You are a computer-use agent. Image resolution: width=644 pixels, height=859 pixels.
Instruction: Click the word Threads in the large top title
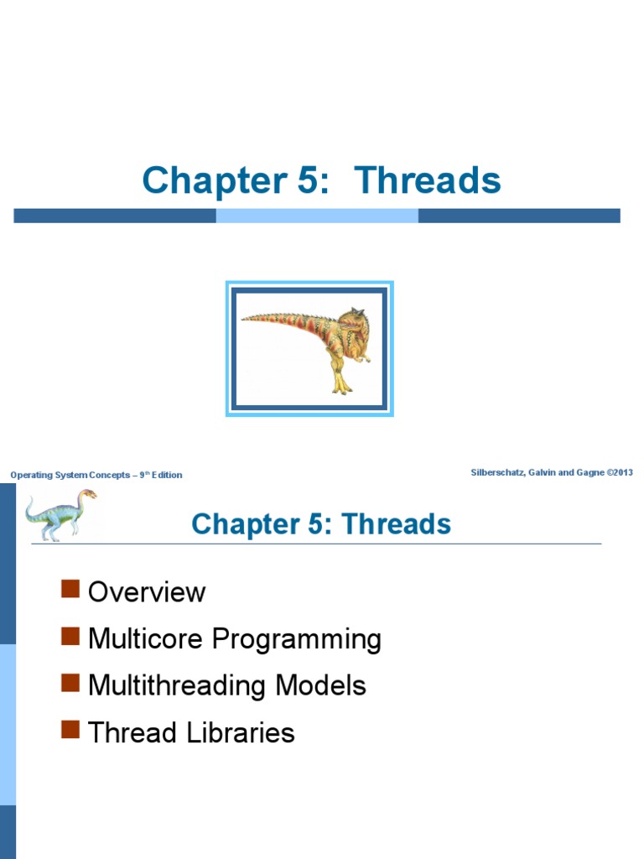pos(428,180)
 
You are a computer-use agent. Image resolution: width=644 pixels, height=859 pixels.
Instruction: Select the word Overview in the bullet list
pos(147,592)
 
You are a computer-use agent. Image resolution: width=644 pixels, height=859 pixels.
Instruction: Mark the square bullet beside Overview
pos(70,590)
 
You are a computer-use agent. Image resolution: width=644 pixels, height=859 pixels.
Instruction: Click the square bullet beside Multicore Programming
pos(70,637)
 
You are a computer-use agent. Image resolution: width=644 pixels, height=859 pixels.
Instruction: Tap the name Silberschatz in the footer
pos(499,472)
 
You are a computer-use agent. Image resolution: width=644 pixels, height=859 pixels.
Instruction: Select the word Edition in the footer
pos(166,475)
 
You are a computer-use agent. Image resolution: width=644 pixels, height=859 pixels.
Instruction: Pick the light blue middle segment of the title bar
pos(317,216)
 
